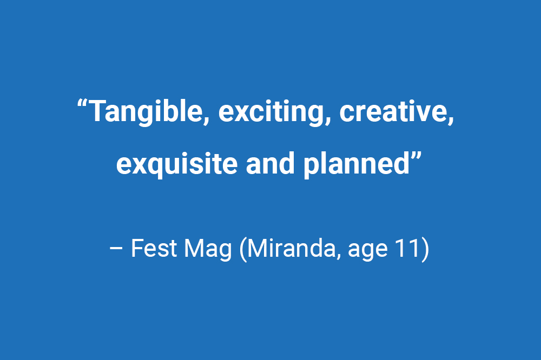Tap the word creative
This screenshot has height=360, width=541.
coord(393,111)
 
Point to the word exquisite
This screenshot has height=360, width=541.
coord(177,164)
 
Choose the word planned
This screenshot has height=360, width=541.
coord(356,164)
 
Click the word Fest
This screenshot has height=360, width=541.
coord(154,248)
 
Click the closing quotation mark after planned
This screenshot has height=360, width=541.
coord(417,156)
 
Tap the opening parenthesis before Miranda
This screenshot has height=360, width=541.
coord(243,249)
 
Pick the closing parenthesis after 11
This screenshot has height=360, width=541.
coord(425,249)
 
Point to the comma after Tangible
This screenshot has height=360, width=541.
coord(206,121)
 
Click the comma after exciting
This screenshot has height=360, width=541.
coord(328,121)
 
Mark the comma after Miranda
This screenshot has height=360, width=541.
coord(339,257)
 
